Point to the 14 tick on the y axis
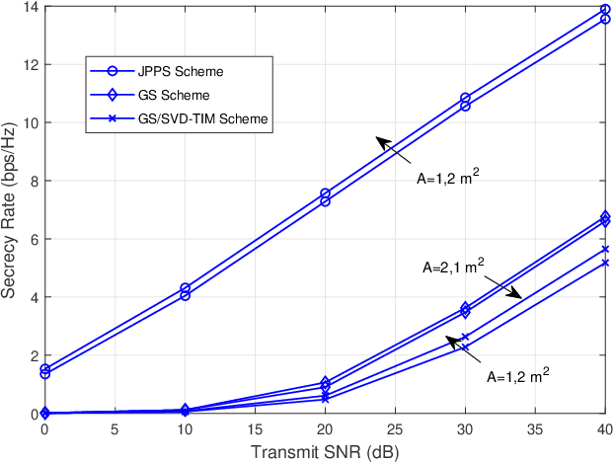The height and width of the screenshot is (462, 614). coord(27,7)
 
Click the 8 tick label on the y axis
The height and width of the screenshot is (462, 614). coord(31,181)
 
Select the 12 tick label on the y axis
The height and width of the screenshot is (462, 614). coord(27,65)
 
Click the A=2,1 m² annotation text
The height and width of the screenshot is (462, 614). coord(452,268)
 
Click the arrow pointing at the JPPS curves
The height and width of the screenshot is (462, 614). coord(393,150)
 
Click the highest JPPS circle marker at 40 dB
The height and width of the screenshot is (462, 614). coord(605,10)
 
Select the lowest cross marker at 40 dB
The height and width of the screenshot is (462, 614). coord(605,263)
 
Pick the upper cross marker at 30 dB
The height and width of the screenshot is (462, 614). coord(465,338)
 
